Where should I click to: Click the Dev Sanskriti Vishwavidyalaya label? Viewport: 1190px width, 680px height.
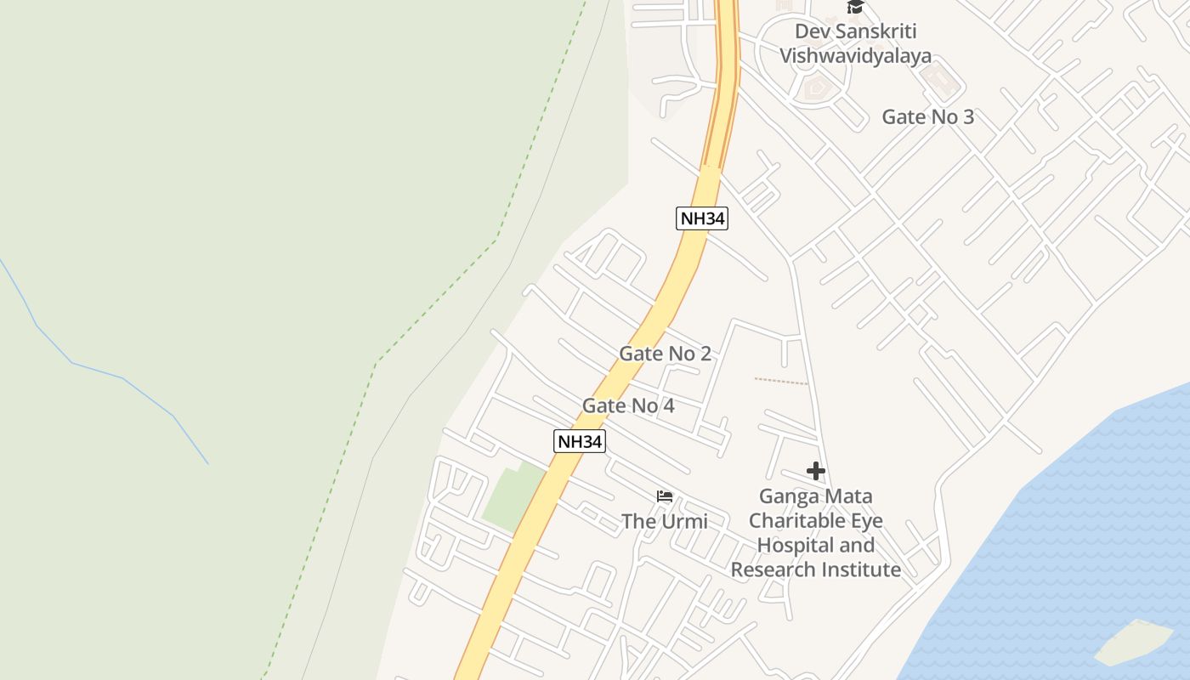click(x=855, y=43)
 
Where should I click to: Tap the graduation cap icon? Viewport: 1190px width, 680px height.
click(x=854, y=7)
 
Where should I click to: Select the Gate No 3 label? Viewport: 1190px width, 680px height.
click(x=927, y=117)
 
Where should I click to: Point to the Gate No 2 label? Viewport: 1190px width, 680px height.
click(x=665, y=354)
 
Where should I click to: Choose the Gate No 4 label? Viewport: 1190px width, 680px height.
click(x=628, y=406)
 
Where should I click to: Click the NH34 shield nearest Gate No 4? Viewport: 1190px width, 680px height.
click(x=579, y=441)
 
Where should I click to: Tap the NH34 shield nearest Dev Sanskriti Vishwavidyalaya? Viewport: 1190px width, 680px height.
click(x=702, y=218)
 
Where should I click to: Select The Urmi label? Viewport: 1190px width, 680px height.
click(x=664, y=521)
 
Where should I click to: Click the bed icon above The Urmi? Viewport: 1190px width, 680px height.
click(x=665, y=496)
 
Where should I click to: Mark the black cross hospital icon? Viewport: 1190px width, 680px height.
click(x=816, y=471)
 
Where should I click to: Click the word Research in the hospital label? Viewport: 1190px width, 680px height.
click(x=772, y=569)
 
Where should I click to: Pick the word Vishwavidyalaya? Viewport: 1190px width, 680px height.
click(x=855, y=56)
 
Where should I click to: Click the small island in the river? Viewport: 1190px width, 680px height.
click(x=1132, y=642)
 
